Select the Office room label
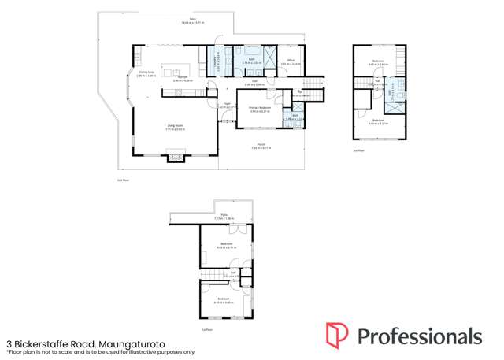click(x=290, y=61)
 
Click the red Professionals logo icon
click(x=336, y=335)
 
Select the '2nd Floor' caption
click(x=358, y=149)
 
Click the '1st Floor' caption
click(x=207, y=329)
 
